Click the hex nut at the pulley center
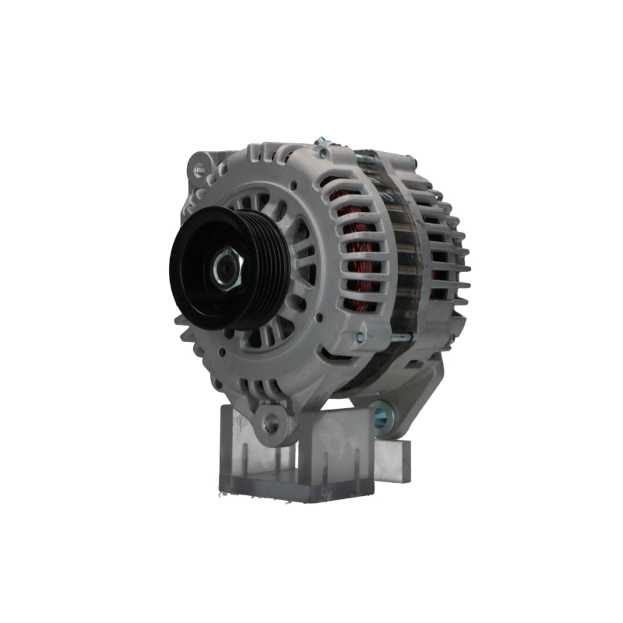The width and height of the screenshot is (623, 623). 227,268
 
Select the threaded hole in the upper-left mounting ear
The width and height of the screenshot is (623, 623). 199,169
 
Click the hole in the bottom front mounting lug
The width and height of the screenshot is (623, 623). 270,423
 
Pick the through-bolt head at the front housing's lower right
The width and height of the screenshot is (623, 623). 360,337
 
